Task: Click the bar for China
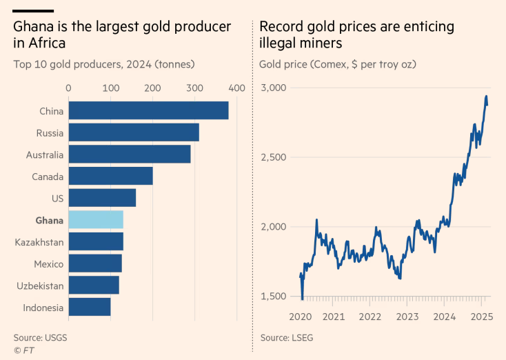click(148, 110)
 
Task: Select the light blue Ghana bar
click(96, 220)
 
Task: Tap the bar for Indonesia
click(90, 308)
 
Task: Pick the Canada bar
click(110, 176)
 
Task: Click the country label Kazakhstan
click(39, 242)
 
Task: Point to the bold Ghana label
click(49, 220)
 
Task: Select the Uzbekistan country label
click(40, 286)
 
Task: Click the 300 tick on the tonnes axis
click(195, 88)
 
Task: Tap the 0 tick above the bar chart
click(68, 88)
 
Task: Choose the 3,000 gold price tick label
click(274, 88)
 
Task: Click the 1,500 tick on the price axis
click(274, 297)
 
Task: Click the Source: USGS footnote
click(40, 338)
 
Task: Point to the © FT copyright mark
click(23, 350)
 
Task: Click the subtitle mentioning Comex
click(338, 65)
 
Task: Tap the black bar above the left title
click(33, 11)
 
